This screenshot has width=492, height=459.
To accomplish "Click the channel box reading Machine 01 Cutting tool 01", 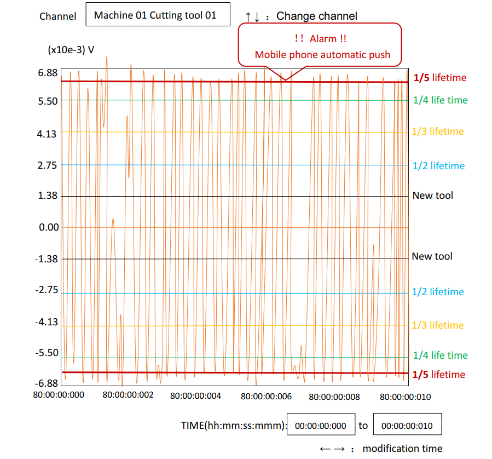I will (x=155, y=15).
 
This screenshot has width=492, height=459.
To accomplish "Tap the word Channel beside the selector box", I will (x=58, y=16).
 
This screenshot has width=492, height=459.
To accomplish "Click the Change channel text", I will (x=316, y=16).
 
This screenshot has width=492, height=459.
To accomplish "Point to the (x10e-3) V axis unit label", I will (x=71, y=50).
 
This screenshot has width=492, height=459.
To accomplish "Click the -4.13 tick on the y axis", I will (x=47, y=322).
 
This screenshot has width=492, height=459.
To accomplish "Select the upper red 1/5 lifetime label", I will (x=440, y=78).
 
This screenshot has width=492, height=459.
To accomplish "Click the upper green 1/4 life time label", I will (x=440, y=100).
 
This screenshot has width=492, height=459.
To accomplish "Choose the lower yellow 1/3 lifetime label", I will (x=438, y=325).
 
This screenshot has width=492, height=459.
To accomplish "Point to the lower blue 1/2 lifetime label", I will (x=438, y=292).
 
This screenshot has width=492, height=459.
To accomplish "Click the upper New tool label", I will (x=432, y=196).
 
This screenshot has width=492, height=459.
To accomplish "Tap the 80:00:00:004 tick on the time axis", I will (x=195, y=395).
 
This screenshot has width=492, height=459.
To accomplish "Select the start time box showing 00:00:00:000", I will (x=321, y=426).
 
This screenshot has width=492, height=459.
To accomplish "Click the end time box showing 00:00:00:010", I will (x=407, y=426).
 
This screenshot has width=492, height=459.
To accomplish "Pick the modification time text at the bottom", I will (x=402, y=449).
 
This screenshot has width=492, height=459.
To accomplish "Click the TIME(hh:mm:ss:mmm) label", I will (x=234, y=425).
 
